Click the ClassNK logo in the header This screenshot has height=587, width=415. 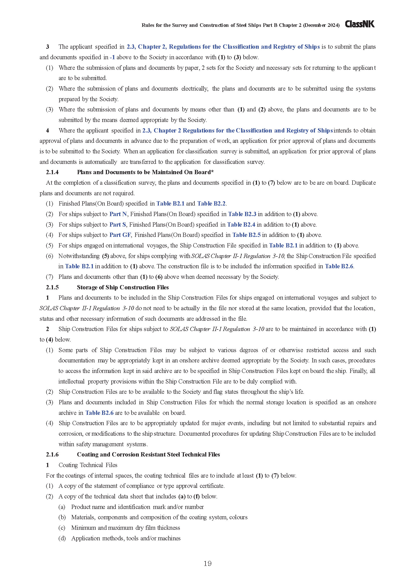(360, 24)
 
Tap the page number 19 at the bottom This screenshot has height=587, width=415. (208, 563)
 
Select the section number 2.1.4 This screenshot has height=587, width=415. (52, 172)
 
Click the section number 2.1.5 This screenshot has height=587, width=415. (52, 287)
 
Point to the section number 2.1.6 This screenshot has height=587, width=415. (52, 454)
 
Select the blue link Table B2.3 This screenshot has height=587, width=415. (242, 214)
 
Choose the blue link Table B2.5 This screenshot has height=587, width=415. (246, 235)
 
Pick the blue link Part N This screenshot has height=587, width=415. (118, 214)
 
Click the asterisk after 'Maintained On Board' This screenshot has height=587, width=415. (212, 172)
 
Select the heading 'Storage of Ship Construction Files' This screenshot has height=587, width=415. (123, 287)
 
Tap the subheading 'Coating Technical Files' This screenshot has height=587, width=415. (88, 465)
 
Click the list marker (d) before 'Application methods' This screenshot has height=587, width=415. (62, 538)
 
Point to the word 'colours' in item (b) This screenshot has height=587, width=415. (238, 517)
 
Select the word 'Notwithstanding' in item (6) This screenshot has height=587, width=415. (79, 256)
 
